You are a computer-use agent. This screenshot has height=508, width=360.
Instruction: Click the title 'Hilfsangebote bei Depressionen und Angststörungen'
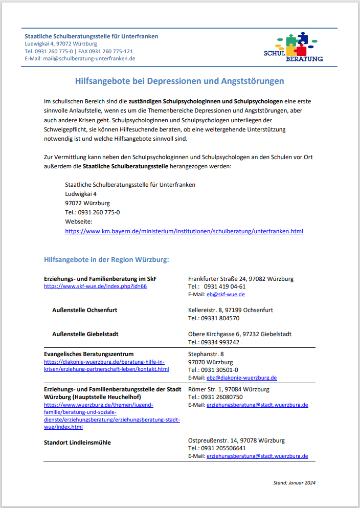[179, 81]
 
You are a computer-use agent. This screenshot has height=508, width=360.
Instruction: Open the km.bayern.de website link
[184, 231]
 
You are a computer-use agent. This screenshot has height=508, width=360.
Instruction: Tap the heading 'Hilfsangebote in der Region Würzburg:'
[106, 259]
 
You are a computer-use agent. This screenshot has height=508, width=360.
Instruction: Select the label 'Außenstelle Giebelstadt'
[85, 334]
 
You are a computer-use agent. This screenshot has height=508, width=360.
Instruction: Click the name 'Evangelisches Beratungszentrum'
[89, 354]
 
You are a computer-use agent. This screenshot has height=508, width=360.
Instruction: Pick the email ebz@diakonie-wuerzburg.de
[241, 378]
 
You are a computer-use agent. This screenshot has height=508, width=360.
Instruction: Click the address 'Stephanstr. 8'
[206, 354]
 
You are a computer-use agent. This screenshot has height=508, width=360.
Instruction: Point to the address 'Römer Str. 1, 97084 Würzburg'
[229, 389]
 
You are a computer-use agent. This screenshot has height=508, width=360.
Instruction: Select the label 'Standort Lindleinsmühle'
[77, 443]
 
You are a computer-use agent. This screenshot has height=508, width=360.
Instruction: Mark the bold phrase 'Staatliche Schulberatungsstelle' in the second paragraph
[125, 166]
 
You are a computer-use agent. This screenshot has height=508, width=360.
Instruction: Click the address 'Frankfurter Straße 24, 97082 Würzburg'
[240, 279]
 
